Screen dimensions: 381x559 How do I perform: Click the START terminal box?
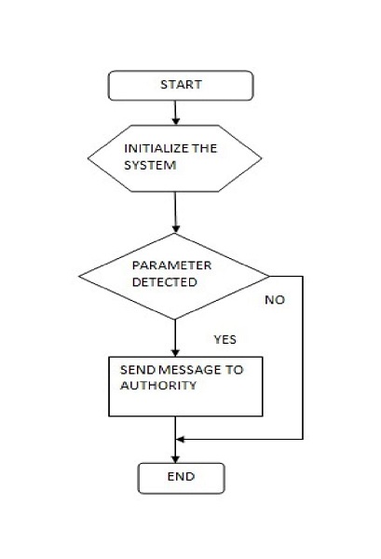click(181, 85)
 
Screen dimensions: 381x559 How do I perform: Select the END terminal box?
click(182, 478)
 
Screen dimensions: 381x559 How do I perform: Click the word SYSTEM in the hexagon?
click(150, 166)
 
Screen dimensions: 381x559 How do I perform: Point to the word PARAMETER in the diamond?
click(171, 266)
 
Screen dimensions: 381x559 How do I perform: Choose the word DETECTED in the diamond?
click(164, 282)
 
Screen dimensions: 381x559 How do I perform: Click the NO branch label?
click(275, 300)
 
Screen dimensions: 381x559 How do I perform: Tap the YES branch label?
click(225, 339)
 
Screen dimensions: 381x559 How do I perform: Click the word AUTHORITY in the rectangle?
click(158, 386)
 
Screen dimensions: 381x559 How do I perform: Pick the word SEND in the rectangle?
click(138, 370)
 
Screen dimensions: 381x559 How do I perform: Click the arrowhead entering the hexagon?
click(175, 121)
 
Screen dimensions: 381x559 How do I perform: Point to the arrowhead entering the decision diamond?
click(175, 228)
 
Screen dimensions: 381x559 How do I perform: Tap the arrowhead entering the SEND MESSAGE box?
click(175, 352)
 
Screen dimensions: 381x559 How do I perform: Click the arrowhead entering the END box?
click(175, 458)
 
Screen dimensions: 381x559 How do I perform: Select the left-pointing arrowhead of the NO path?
click(181, 439)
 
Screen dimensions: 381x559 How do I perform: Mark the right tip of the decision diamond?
click(269, 277)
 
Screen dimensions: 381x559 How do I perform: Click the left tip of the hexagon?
click(88, 158)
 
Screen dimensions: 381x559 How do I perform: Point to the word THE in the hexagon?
click(204, 148)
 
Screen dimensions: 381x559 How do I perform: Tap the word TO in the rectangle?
click(234, 370)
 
